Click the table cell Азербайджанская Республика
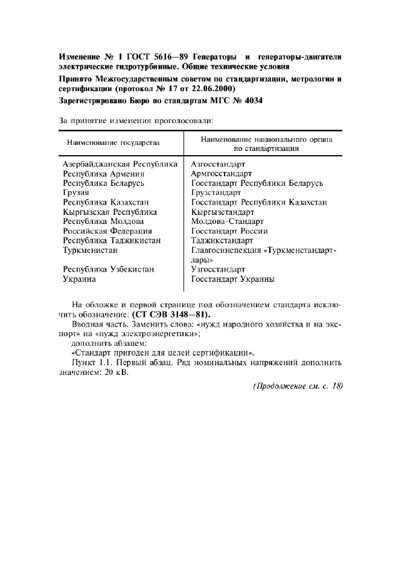(120, 164)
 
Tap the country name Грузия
(76, 193)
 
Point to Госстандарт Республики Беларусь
(257, 183)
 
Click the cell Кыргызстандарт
(222, 212)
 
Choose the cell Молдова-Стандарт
(228, 222)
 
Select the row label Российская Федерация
(107, 231)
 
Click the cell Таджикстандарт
(222, 241)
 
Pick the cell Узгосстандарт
(218, 270)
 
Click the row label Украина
(80, 279)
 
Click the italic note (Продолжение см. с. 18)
(298, 387)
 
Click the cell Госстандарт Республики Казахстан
(259, 202)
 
